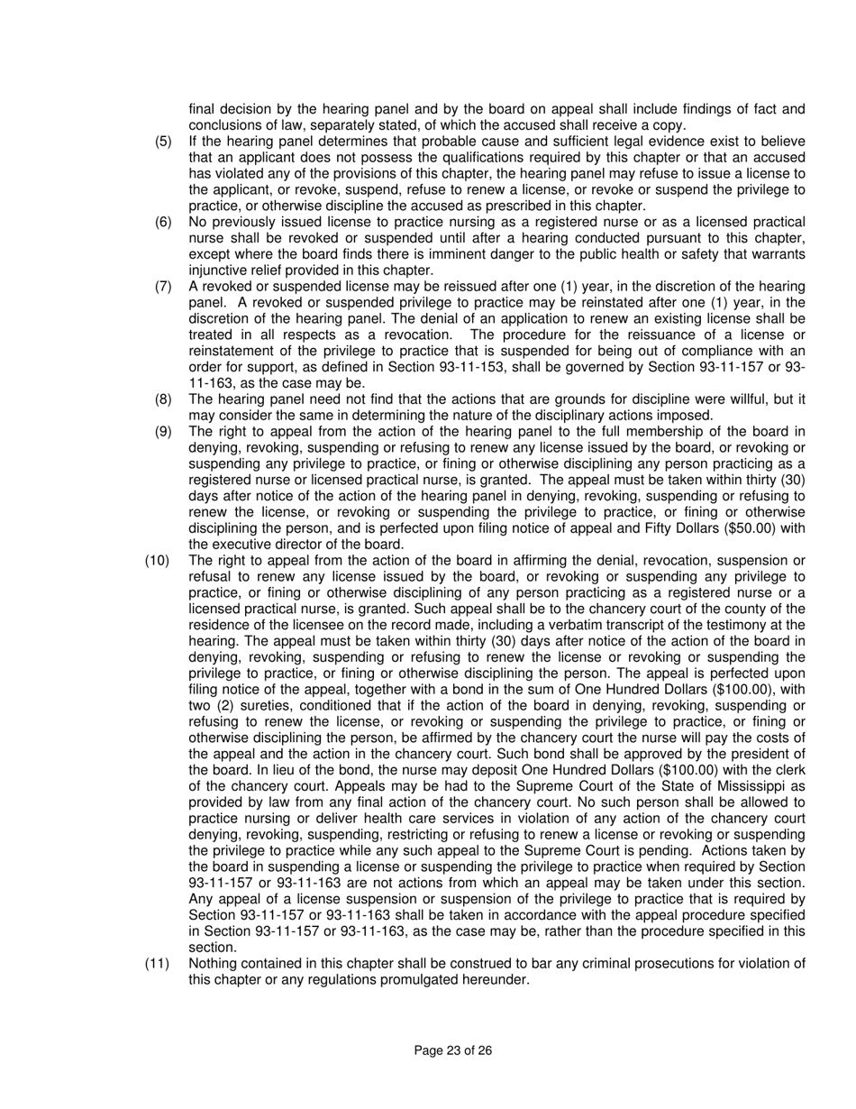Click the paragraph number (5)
click(x=163, y=142)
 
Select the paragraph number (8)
click(x=163, y=399)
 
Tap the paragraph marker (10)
click(x=157, y=561)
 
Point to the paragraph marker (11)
click(x=157, y=964)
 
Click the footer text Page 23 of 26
click(x=453, y=1050)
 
